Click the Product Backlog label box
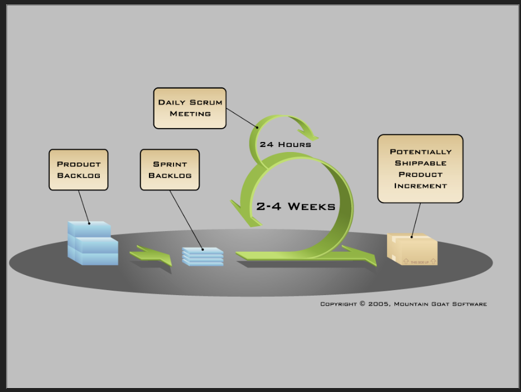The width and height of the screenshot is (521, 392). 78,170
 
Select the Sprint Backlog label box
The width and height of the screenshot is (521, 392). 170,170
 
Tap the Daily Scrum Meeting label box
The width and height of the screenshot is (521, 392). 190,108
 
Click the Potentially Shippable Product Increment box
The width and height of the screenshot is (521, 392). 420,168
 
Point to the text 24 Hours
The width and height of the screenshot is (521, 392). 285,145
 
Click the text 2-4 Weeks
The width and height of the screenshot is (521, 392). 296,207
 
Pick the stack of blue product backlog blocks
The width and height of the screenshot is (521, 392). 92,244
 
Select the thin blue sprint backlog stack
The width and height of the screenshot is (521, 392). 202,257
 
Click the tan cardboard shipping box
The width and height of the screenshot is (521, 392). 413,250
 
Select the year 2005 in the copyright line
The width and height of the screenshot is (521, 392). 379,304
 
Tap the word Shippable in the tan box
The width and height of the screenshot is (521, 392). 421,163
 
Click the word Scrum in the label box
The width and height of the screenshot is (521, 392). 206,102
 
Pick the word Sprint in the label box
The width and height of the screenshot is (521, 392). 170,164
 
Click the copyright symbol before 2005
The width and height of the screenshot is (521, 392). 362,304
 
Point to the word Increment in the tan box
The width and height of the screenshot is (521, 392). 421,186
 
